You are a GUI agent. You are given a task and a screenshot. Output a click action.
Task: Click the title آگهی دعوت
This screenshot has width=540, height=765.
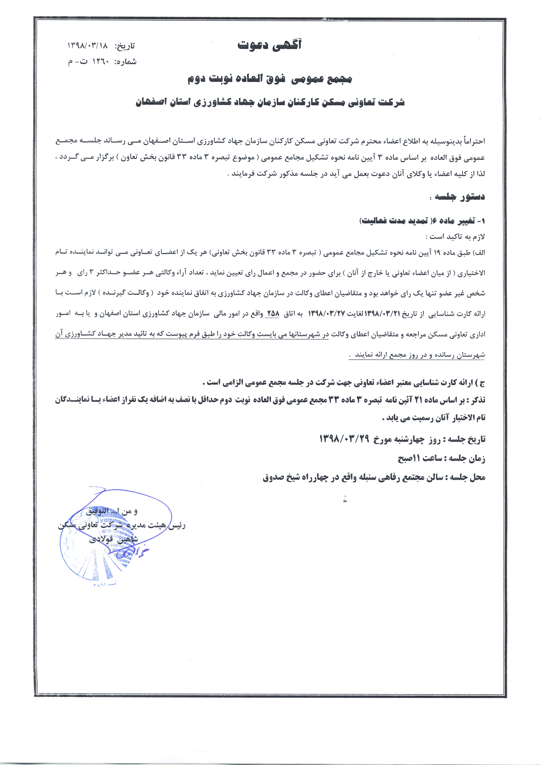[269, 45]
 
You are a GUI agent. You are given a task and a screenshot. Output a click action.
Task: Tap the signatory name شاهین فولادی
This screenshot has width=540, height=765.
[113, 539]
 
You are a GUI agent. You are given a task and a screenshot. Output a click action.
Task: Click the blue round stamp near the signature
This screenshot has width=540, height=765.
[97, 553]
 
